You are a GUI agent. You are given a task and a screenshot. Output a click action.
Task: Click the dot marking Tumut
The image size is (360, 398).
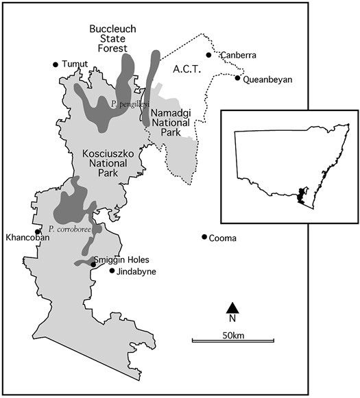56,65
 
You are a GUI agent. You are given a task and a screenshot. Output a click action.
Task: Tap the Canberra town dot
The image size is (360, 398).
208,55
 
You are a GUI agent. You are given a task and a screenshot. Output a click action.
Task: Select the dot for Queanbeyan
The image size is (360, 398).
237,78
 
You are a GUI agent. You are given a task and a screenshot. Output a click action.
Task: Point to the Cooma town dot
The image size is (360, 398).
204,237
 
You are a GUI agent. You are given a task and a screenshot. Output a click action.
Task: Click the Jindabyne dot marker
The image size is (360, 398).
112,271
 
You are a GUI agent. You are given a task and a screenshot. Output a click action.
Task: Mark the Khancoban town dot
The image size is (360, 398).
38,232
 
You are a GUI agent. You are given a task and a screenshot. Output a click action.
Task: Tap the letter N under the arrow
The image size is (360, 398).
232,319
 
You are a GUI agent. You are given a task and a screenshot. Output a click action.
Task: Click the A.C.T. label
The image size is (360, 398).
185,69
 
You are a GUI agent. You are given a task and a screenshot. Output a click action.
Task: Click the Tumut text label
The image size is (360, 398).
75,65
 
